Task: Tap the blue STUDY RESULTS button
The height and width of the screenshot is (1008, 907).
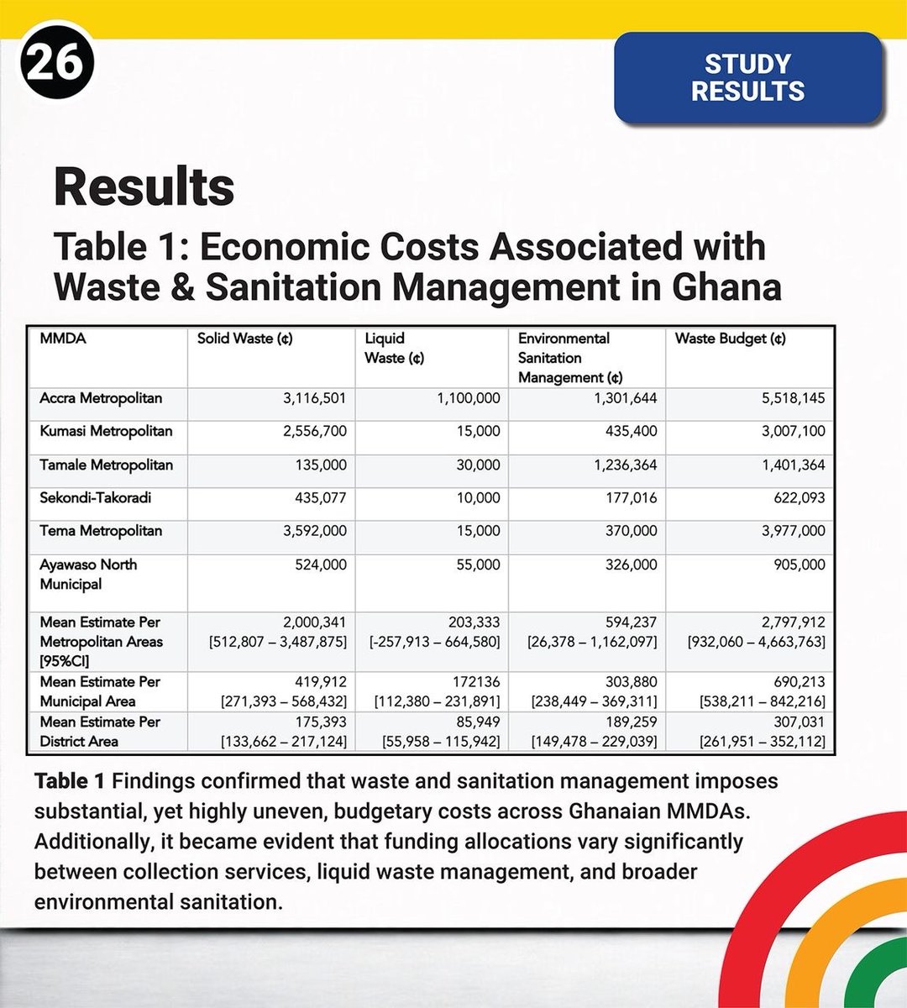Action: tap(747, 77)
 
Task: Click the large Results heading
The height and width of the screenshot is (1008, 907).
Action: tap(144, 186)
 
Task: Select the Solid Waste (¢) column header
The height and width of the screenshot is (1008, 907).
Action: tap(244, 339)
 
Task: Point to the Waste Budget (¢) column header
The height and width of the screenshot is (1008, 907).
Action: tap(730, 339)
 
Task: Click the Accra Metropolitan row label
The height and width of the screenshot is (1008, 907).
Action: tap(101, 398)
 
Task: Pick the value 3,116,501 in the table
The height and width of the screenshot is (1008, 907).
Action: tap(314, 398)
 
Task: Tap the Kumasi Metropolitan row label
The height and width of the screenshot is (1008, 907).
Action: tap(106, 431)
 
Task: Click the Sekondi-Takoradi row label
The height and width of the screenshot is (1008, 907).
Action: tap(96, 497)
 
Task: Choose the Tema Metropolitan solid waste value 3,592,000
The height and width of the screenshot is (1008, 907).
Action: tap(314, 531)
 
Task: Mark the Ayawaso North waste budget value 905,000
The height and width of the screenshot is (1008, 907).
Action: tap(799, 564)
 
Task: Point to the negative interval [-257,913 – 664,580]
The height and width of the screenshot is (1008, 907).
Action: tap(435, 642)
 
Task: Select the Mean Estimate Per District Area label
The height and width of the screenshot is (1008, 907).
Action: tap(99, 731)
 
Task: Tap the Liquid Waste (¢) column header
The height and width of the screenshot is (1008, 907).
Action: tap(393, 348)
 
